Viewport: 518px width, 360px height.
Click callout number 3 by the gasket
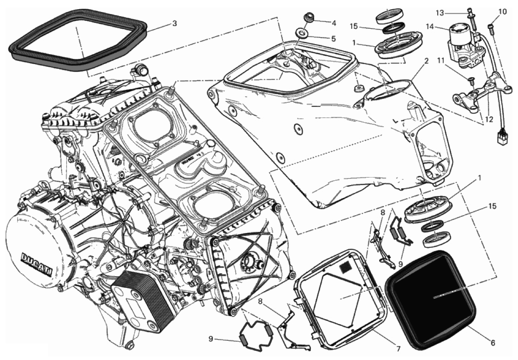click(x=174, y=23)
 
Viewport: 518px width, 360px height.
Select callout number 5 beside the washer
click(x=333, y=39)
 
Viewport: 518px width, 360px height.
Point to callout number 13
click(x=440, y=13)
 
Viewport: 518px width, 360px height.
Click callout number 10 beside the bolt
click(x=503, y=11)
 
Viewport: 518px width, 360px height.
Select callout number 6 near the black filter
click(x=493, y=343)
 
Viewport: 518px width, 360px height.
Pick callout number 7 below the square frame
click(x=398, y=348)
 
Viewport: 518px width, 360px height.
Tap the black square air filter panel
click(x=430, y=297)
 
